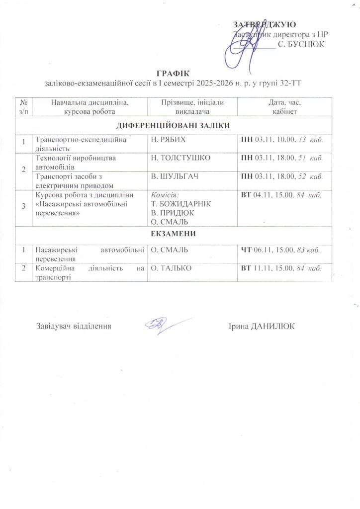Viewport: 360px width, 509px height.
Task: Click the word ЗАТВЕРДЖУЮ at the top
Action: pos(265,24)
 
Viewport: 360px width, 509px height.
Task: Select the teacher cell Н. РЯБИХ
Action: pos(168,140)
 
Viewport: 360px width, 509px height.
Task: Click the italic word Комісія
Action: pos(164,194)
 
